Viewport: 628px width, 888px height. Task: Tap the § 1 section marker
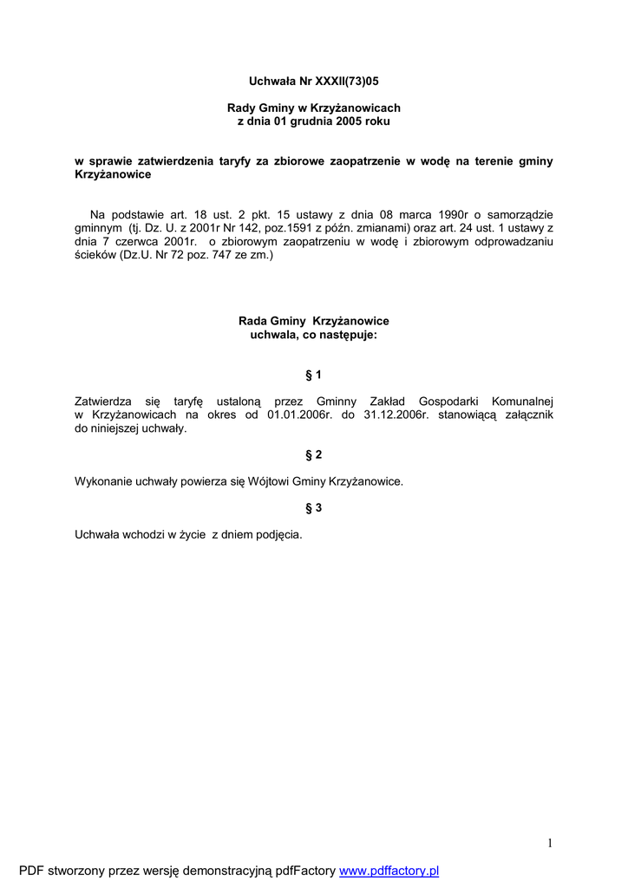click(314, 375)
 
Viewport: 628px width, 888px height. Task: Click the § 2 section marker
click(314, 454)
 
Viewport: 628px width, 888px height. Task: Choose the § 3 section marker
click(314, 507)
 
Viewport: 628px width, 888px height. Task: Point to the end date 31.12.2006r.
click(396, 415)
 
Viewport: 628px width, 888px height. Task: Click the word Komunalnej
click(522, 402)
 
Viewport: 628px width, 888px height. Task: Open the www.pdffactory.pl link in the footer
click(389, 871)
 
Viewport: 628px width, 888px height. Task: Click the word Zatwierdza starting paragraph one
click(105, 402)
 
